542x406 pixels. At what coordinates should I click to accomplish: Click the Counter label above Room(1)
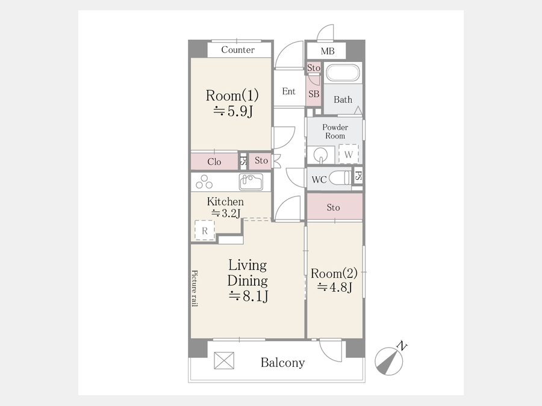pyautogui.click(x=238, y=50)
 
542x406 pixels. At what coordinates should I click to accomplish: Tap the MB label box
pyautogui.click(x=326, y=51)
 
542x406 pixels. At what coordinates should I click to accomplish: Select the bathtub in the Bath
pyautogui.click(x=343, y=73)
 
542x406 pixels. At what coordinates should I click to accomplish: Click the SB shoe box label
pyautogui.click(x=314, y=94)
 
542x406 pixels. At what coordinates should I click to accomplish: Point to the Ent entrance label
pyautogui.click(x=288, y=91)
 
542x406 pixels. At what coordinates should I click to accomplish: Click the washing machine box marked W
pyautogui.click(x=349, y=154)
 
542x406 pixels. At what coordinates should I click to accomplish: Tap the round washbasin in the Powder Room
pyautogui.click(x=321, y=154)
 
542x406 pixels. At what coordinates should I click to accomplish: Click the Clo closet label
pyautogui.click(x=214, y=162)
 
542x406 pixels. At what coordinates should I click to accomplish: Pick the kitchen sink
pyautogui.click(x=251, y=182)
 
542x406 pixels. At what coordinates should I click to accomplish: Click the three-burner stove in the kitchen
pyautogui.click(x=204, y=182)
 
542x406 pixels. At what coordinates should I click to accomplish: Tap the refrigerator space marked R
pyautogui.click(x=205, y=230)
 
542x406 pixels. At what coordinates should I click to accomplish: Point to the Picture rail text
pyautogui.click(x=195, y=288)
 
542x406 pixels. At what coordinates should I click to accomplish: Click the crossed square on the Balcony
pyautogui.click(x=224, y=360)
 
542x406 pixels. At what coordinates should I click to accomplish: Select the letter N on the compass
pyautogui.click(x=402, y=345)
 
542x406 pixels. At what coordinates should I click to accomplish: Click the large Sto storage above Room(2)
pyautogui.click(x=335, y=206)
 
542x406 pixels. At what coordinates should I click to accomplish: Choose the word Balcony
pyautogui.click(x=283, y=363)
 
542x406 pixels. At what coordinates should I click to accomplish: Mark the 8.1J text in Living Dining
pyautogui.click(x=249, y=296)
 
